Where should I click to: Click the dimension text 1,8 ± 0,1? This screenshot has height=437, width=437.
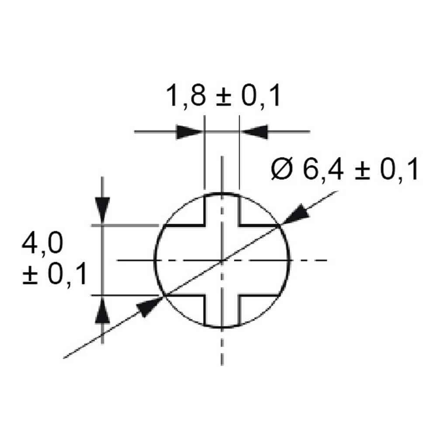tap(223, 97)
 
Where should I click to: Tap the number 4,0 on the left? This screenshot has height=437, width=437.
tap(42, 244)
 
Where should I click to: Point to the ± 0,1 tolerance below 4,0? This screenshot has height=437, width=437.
tap(54, 274)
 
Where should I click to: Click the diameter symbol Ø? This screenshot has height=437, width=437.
tap(281, 169)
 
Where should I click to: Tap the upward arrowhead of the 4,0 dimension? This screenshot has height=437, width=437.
tap(102, 309)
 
